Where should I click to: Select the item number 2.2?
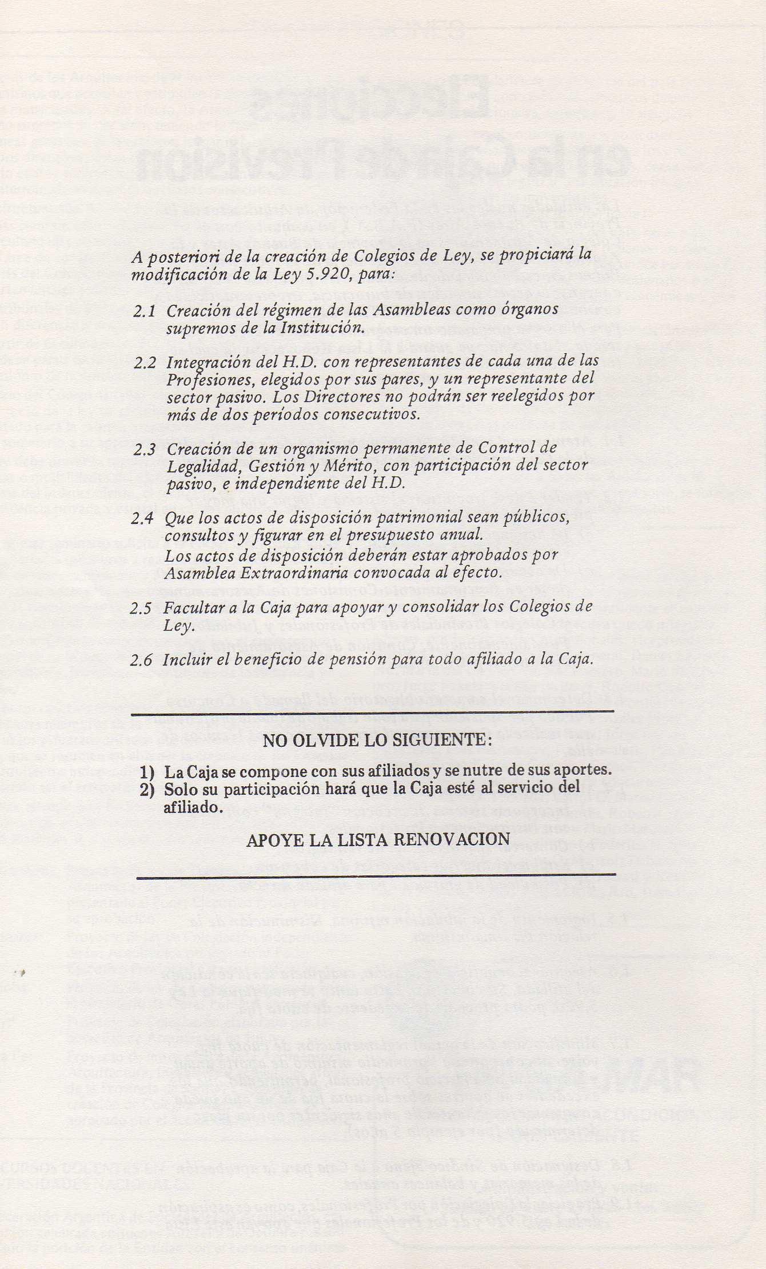(144, 363)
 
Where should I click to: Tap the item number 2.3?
(144, 450)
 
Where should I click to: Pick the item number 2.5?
(141, 609)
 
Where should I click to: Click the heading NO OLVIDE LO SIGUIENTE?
(377, 741)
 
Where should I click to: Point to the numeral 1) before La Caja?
(149, 772)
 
